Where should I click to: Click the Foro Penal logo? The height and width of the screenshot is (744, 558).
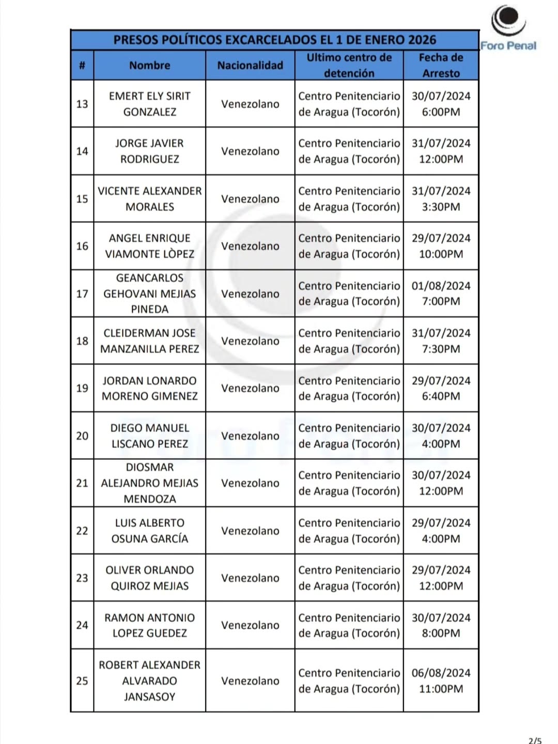(x=508, y=28)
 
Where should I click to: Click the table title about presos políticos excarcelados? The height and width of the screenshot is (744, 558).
(x=274, y=40)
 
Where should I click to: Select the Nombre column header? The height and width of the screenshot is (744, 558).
(x=149, y=66)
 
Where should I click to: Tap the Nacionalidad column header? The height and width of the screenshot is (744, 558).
(x=250, y=66)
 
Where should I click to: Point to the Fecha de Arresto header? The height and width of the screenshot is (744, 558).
(x=441, y=66)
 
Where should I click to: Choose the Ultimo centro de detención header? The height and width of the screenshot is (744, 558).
(x=349, y=66)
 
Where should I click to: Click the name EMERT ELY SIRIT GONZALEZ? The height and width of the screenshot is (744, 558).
(x=149, y=104)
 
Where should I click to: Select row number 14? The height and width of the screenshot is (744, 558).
(x=82, y=151)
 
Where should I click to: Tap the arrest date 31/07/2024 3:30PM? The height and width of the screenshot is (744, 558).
(x=441, y=199)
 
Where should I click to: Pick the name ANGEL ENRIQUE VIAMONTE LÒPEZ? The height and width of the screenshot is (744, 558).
(x=149, y=246)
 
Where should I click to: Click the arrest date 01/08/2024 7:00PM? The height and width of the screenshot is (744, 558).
(x=441, y=293)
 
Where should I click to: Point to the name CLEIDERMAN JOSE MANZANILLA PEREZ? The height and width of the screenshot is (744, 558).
(x=149, y=341)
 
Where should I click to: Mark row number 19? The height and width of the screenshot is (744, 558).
(x=82, y=389)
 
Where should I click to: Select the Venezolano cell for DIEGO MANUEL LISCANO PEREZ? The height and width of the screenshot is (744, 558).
(x=250, y=436)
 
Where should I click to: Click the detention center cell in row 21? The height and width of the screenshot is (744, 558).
(x=349, y=483)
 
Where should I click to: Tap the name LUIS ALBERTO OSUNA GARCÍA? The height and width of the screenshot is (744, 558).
(x=149, y=531)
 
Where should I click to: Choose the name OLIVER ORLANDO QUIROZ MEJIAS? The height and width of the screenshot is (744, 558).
(x=149, y=578)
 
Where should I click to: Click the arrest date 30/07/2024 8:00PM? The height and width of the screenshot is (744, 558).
(x=441, y=625)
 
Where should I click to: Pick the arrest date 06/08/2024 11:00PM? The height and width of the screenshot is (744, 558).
(x=441, y=681)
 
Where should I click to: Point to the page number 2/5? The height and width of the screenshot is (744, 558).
(x=535, y=740)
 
